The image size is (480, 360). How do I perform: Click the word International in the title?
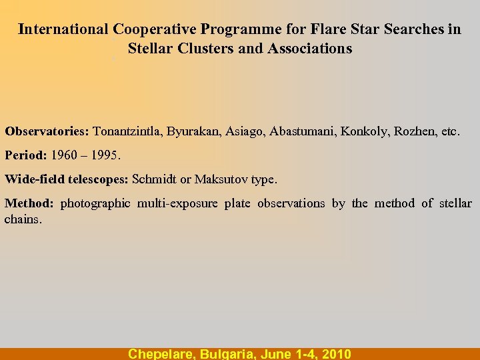click(63, 29)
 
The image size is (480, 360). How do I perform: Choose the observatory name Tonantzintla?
click(127, 131)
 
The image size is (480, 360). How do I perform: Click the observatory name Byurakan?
click(191, 131)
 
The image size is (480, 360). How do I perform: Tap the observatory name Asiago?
click(245, 131)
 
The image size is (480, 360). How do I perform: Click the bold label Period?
click(26, 155)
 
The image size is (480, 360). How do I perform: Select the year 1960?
click(65, 155)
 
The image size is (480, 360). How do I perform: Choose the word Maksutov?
click(219, 179)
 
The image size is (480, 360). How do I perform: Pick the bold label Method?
click(29, 203)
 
